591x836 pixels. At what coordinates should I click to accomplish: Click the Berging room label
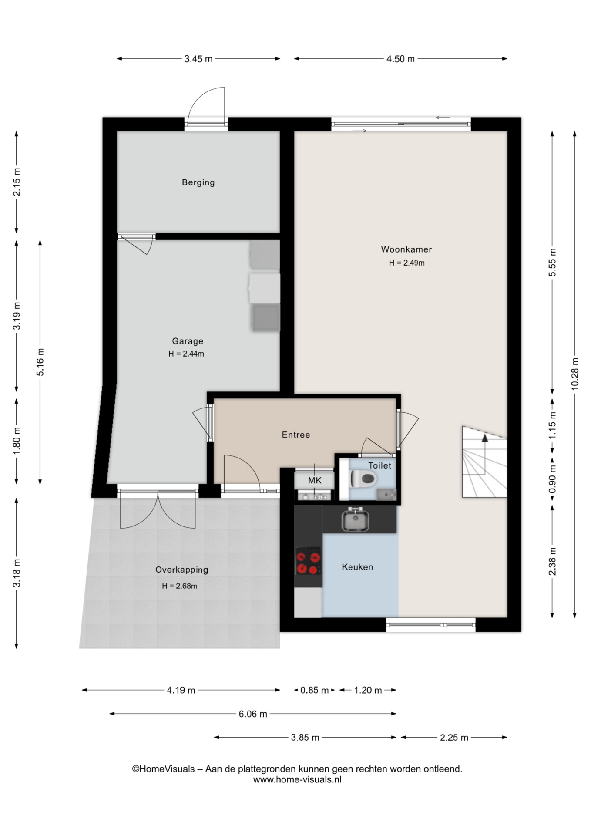pyautogui.click(x=198, y=182)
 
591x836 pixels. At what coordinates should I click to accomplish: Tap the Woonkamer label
pyautogui.click(x=406, y=249)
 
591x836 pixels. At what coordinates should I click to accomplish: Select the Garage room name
pyautogui.click(x=188, y=341)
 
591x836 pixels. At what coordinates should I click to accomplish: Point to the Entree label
pyautogui.click(x=296, y=435)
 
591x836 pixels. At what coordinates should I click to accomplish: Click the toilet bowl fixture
pyautogui.click(x=363, y=480)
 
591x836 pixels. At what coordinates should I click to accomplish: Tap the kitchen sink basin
pyautogui.click(x=355, y=520)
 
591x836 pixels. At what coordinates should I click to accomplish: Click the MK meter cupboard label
pyautogui.click(x=315, y=480)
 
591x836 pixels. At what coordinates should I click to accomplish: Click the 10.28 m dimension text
pyautogui.click(x=575, y=373)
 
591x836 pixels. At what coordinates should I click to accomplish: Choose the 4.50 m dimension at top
pyautogui.click(x=400, y=59)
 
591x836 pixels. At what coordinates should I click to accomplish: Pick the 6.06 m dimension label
pyautogui.click(x=253, y=714)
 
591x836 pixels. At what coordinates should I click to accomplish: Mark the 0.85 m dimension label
pyautogui.click(x=315, y=690)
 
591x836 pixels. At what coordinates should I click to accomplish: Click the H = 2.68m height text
pyautogui.click(x=179, y=586)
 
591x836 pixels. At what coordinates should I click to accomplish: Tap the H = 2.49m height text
pyautogui.click(x=406, y=263)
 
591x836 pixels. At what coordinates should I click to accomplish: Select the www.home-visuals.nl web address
pyautogui.click(x=297, y=780)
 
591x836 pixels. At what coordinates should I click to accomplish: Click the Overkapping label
pyautogui.click(x=182, y=570)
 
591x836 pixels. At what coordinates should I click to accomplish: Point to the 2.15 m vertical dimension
pyautogui.click(x=17, y=182)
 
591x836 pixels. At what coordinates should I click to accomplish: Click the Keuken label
pyautogui.click(x=357, y=567)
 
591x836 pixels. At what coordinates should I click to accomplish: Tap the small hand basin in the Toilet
pyautogui.click(x=386, y=494)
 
